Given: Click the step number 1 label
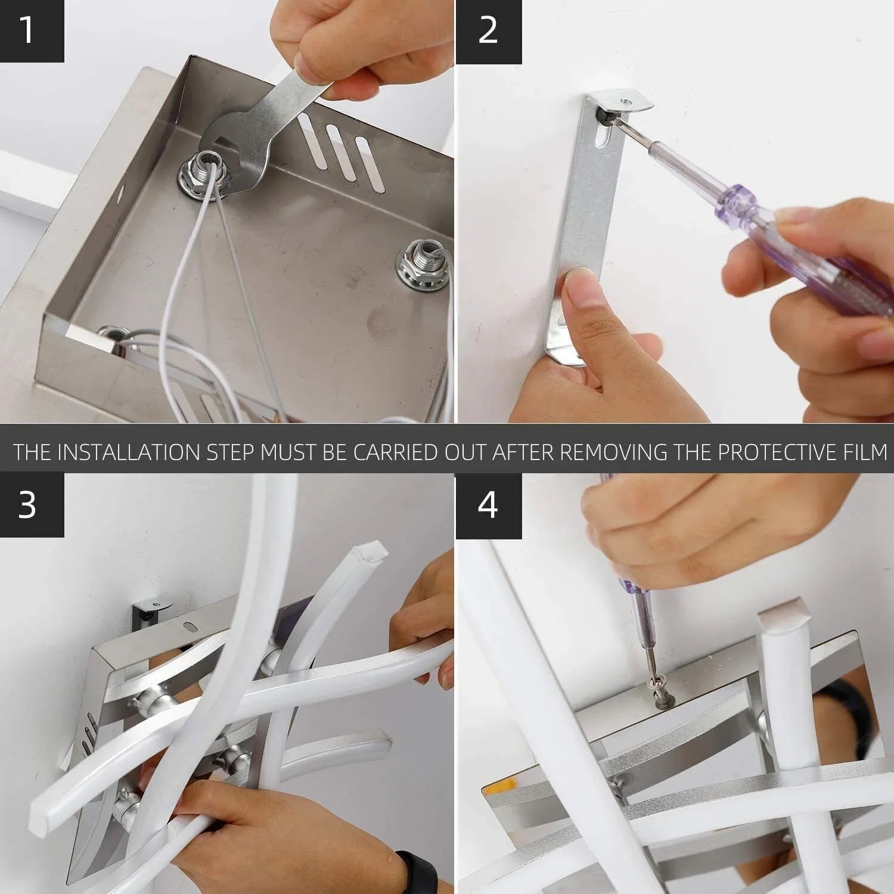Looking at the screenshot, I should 27,30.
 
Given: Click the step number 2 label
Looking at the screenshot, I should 488,30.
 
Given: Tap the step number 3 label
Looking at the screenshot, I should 27,505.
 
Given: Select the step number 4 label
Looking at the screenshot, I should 488,505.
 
